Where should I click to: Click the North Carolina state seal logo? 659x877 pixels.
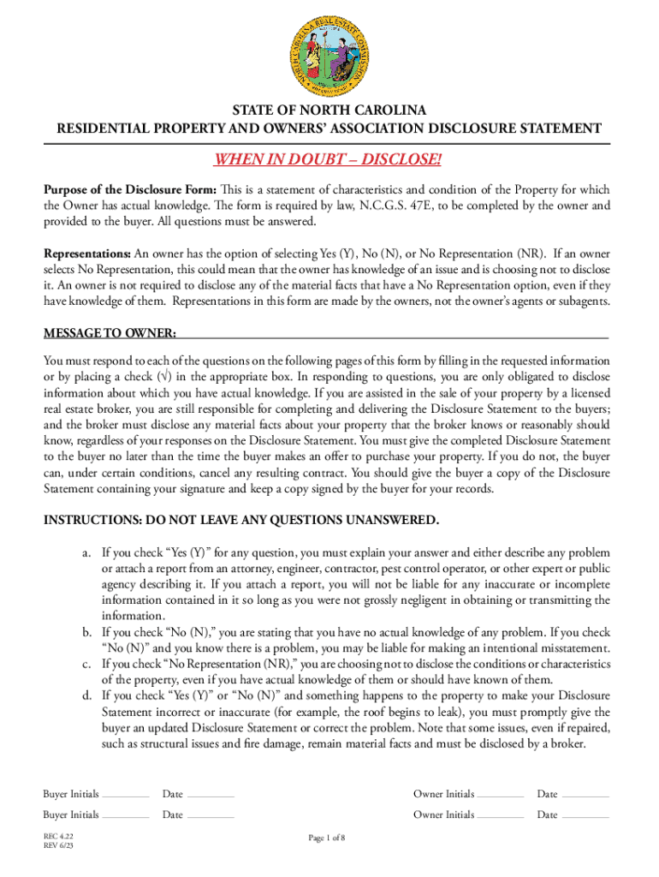pyautogui.click(x=329, y=51)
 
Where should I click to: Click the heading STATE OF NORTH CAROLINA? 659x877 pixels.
pyautogui.click(x=329, y=111)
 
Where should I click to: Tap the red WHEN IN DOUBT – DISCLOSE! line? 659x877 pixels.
pyautogui.click(x=329, y=161)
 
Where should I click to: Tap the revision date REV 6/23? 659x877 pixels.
pyautogui.click(x=58, y=846)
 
